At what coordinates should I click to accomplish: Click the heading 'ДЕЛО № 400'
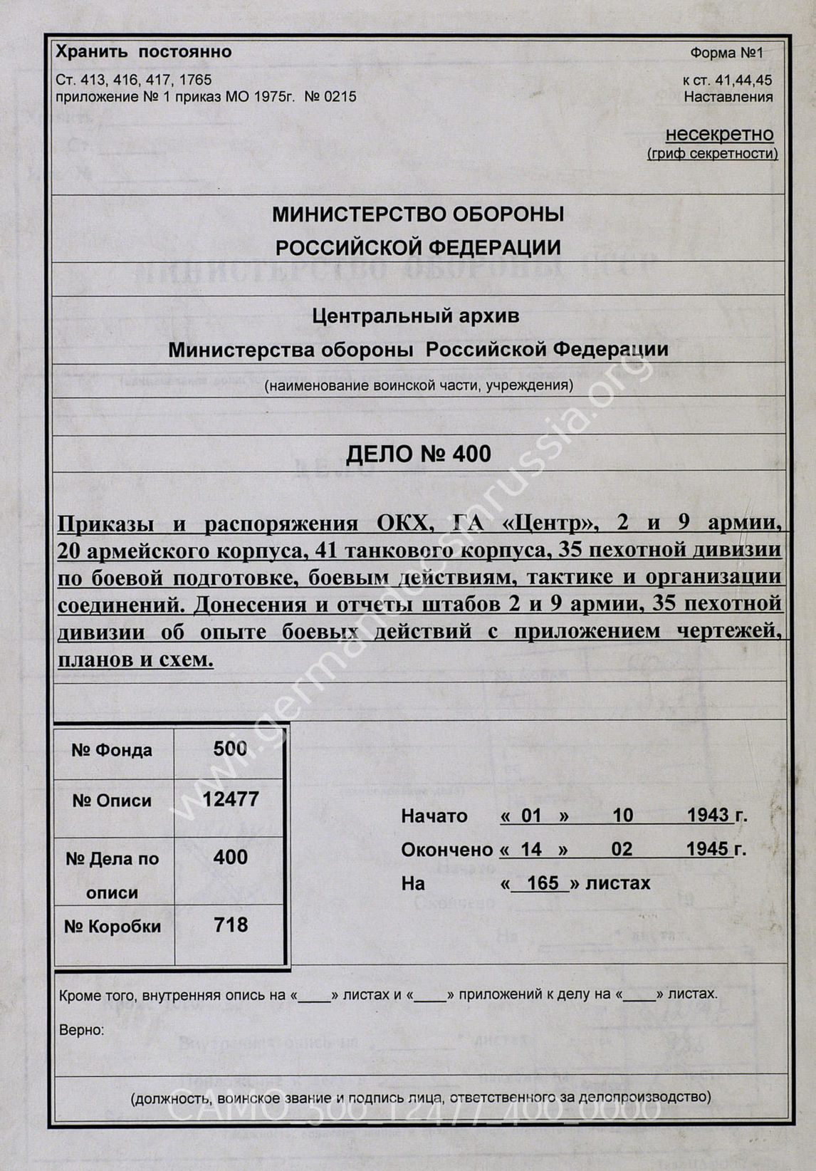point(418,454)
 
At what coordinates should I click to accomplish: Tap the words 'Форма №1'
point(726,53)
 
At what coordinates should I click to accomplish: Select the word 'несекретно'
point(719,134)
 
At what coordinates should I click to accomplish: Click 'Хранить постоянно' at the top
point(143,52)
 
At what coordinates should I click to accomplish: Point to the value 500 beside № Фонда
point(230,748)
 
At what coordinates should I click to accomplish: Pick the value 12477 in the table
point(230,799)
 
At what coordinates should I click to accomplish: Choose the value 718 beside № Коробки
point(230,925)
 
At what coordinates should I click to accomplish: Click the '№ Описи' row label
point(112,801)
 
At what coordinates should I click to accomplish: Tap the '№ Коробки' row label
point(112,926)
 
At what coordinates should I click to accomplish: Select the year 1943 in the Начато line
point(708,816)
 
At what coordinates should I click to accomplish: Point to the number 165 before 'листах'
point(543,883)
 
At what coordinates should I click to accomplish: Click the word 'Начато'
point(434,816)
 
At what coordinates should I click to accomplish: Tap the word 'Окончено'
point(446,850)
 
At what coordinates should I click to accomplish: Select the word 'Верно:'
point(81,1030)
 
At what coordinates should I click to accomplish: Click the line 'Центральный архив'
point(415,316)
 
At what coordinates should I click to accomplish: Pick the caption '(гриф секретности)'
point(712,154)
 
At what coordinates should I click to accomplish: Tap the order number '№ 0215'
point(330,97)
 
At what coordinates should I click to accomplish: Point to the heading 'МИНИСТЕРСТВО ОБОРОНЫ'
point(418,214)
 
